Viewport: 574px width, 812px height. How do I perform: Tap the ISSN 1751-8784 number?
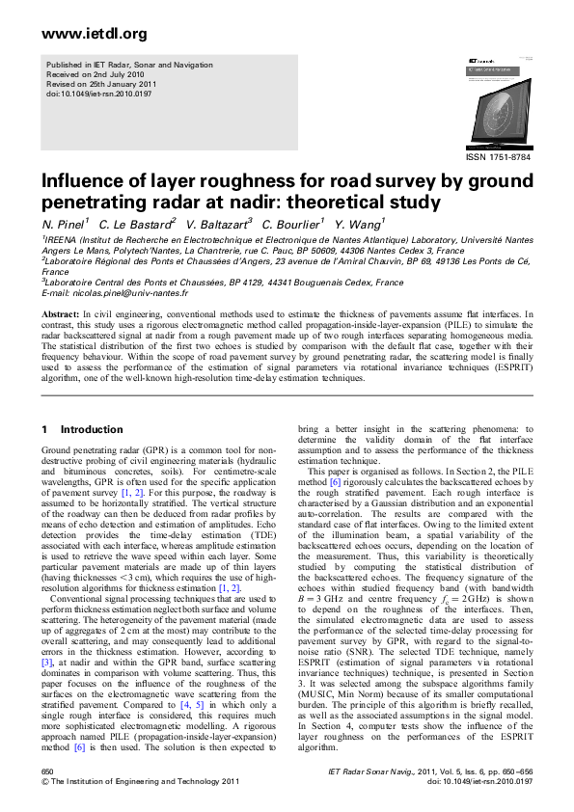tap(498, 157)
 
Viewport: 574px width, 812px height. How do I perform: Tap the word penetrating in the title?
tap(92, 203)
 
